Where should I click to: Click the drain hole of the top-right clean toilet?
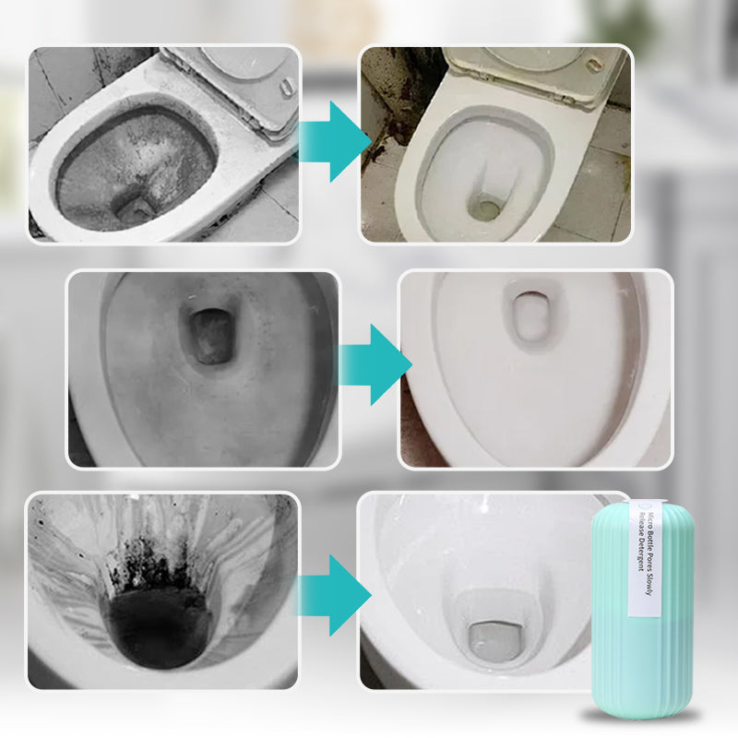[x=484, y=209]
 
